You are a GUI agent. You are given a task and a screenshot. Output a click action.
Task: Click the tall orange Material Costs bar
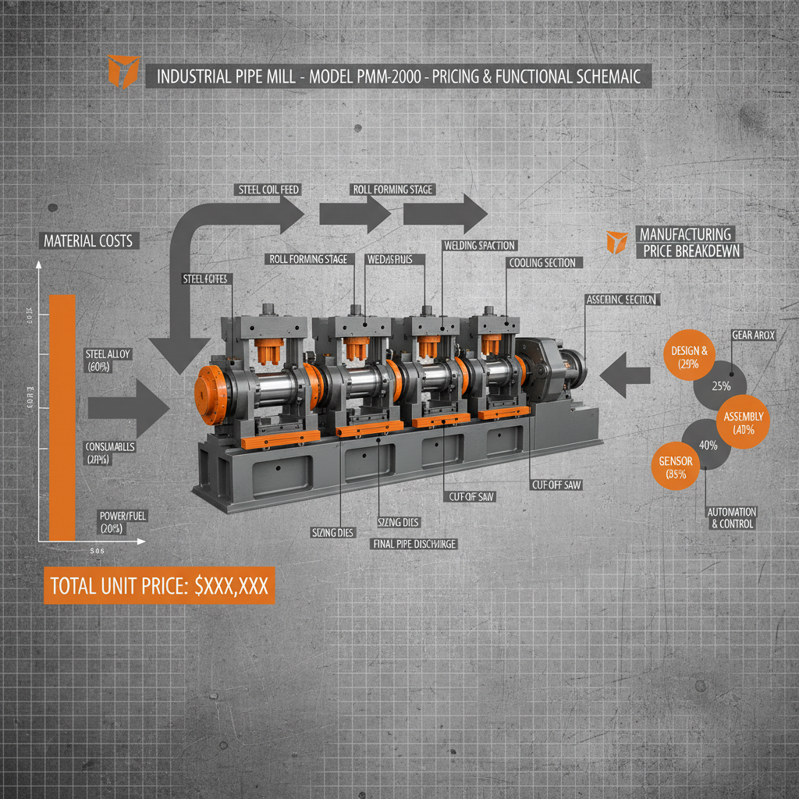(x=62, y=417)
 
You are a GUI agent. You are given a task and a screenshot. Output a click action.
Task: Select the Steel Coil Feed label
(x=267, y=190)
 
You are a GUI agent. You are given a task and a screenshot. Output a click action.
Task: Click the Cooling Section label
(x=542, y=263)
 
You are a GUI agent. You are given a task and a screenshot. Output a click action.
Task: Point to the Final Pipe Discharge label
(x=415, y=544)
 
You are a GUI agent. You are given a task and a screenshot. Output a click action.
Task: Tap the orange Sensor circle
(x=676, y=467)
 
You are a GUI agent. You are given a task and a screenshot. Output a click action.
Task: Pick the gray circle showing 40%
(x=708, y=446)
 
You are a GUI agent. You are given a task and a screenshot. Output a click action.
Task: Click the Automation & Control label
(x=731, y=517)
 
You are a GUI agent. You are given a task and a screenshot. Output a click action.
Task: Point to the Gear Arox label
(x=753, y=335)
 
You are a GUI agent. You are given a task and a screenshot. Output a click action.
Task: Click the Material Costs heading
(x=87, y=241)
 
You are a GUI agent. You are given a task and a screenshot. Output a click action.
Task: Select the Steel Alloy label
(x=108, y=360)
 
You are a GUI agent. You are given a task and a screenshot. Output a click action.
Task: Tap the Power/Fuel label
(x=123, y=522)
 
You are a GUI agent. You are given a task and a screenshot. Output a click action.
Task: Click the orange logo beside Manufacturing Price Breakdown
(x=617, y=241)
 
